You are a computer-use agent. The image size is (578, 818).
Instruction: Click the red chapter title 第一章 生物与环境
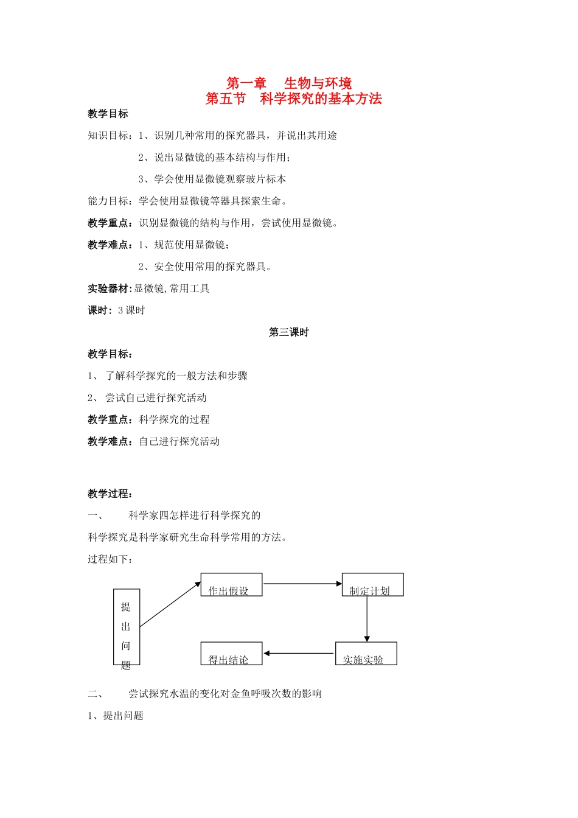pyautogui.click(x=289, y=83)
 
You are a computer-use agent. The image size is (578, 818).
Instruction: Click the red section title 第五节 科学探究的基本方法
pyautogui.click(x=293, y=99)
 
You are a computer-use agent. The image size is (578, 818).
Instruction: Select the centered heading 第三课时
pyautogui.click(x=289, y=332)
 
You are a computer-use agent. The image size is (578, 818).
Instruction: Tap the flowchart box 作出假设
pyautogui.click(x=231, y=585)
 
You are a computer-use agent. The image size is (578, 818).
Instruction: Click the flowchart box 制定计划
pyautogui.click(x=372, y=585)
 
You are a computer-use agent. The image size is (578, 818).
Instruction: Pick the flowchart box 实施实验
pyautogui.click(x=366, y=654)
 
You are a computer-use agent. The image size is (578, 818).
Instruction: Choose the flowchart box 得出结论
pyautogui.click(x=231, y=654)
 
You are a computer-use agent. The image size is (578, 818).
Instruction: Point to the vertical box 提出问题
pyautogui.click(x=127, y=627)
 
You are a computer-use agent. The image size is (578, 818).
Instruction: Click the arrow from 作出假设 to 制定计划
pyautogui.click(x=302, y=584)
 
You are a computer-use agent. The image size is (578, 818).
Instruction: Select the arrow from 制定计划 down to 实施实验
pyautogui.click(x=367, y=619)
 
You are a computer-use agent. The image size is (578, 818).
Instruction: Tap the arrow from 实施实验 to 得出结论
pyautogui.click(x=299, y=654)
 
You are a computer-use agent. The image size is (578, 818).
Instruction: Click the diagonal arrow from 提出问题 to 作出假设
pyautogui.click(x=170, y=604)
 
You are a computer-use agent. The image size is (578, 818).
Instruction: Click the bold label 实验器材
pyautogui.click(x=110, y=288)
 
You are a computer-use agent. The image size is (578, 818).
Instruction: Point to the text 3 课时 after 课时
pyautogui.click(x=131, y=310)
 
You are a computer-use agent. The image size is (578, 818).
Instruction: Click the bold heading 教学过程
pyautogui.click(x=110, y=494)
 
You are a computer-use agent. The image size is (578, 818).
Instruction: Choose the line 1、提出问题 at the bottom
pyautogui.click(x=116, y=716)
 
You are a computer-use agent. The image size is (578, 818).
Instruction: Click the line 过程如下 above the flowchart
pyautogui.click(x=110, y=559)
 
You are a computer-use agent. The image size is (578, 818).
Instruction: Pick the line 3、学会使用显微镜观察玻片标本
pyautogui.click(x=212, y=179)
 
